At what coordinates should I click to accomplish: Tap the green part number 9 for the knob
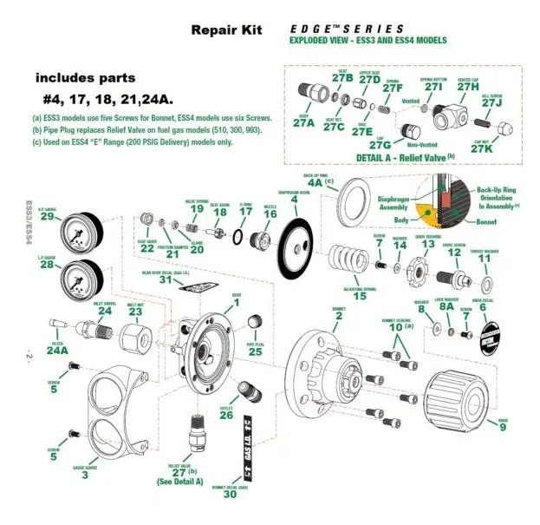click(503, 425)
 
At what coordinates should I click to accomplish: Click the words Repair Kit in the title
click(225, 30)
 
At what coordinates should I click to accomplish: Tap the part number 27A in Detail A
click(303, 122)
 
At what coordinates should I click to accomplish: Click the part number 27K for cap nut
click(482, 148)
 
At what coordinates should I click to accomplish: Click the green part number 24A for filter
click(57, 351)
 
